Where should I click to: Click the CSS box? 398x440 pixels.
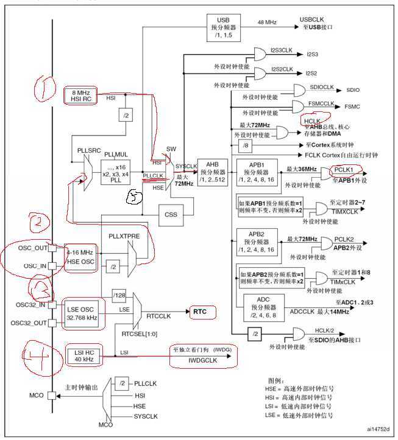click(171, 214)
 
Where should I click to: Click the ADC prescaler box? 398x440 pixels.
click(264, 308)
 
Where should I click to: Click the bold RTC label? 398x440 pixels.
click(201, 312)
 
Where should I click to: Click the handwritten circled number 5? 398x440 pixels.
click(135, 196)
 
